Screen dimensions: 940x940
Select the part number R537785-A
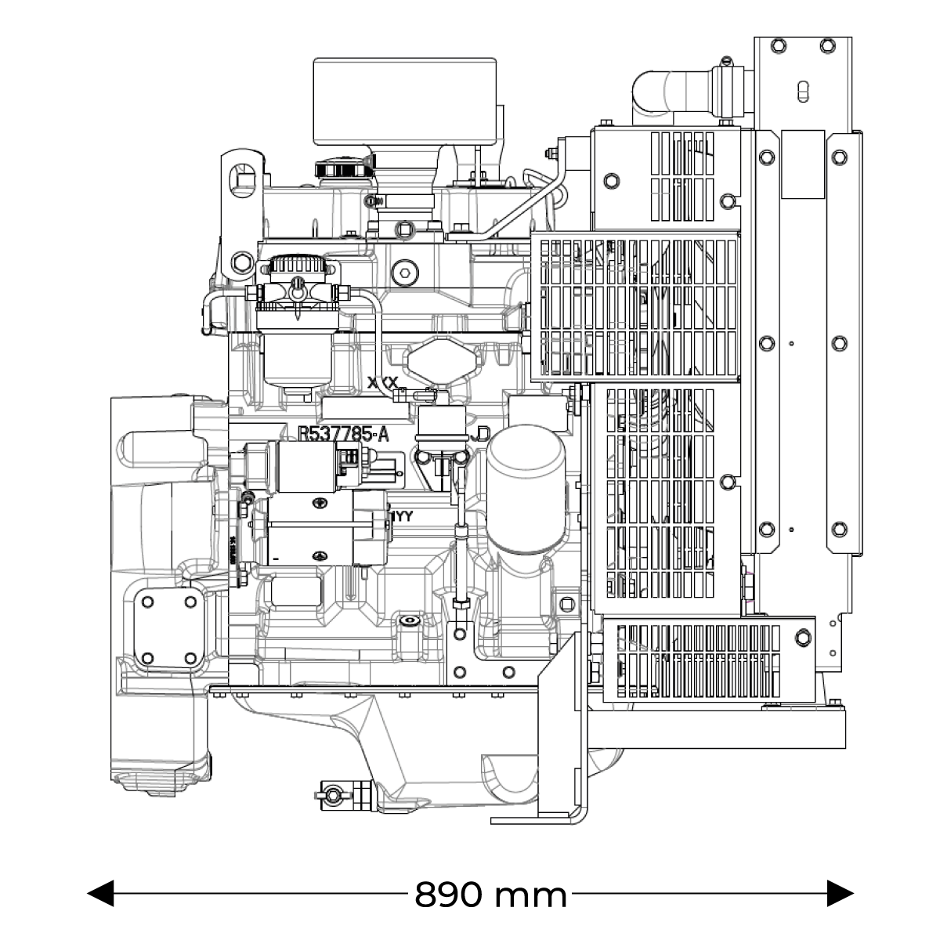(343, 435)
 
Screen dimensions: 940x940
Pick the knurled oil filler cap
(341, 168)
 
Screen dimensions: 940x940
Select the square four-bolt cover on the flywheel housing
(168, 629)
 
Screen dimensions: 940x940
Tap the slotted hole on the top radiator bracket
(802, 92)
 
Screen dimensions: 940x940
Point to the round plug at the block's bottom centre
(407, 620)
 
